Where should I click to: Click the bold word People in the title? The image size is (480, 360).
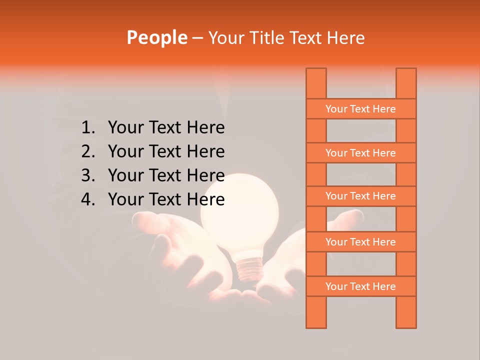(157, 37)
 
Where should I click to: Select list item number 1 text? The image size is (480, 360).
(166, 128)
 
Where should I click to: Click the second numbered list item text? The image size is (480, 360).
(166, 151)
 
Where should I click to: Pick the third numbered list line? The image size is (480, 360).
(166, 175)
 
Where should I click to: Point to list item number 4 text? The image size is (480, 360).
(166, 199)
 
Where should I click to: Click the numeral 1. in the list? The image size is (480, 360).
(87, 128)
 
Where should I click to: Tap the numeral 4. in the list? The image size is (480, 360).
(87, 199)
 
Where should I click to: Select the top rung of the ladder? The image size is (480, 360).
(360, 109)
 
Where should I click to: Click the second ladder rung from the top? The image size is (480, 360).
(360, 153)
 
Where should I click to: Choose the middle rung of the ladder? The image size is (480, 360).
(360, 196)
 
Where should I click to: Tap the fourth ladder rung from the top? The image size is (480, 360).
(360, 242)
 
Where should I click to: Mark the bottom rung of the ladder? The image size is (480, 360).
(360, 286)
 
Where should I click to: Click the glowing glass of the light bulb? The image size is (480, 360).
(239, 210)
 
